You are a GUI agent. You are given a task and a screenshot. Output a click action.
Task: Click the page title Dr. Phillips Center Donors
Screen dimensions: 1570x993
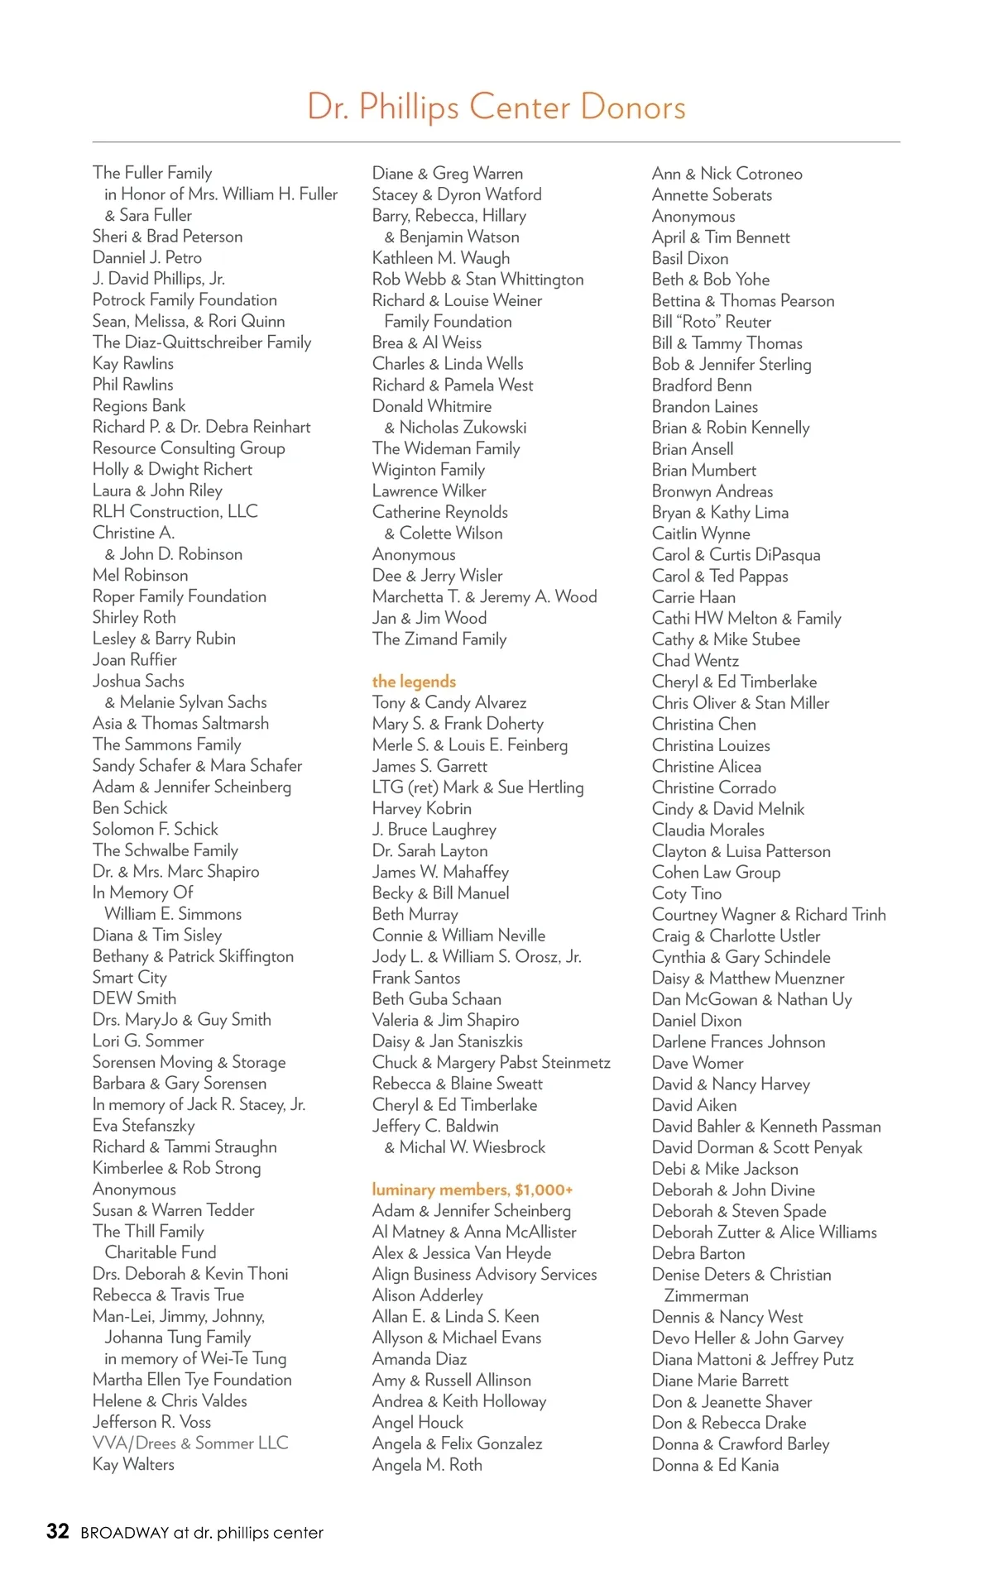point(496,108)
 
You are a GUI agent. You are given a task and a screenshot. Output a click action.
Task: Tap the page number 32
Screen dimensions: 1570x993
point(57,1531)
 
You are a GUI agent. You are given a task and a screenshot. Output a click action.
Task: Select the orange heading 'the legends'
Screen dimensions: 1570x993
point(414,682)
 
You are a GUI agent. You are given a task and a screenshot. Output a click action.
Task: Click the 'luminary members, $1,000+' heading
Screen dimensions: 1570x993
point(472,1189)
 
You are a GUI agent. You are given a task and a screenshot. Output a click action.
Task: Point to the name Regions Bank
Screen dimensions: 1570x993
point(139,405)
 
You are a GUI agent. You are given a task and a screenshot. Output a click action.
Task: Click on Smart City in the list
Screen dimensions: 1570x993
point(129,977)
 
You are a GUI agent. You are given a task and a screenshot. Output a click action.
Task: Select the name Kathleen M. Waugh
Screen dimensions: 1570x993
point(440,258)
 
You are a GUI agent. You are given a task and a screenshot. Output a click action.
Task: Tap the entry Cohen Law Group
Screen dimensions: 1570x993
point(716,872)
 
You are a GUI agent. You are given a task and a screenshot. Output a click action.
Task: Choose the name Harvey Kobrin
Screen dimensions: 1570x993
point(421,808)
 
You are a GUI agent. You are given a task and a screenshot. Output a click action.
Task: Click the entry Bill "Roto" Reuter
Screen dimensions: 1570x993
point(711,322)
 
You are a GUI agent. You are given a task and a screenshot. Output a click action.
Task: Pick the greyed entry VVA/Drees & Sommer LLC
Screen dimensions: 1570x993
point(190,1443)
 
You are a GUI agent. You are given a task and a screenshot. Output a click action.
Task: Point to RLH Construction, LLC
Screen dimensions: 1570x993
point(175,511)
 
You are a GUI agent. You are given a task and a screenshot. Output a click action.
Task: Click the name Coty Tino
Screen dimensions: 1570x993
point(686,893)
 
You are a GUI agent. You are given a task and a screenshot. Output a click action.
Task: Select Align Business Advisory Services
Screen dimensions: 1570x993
point(484,1274)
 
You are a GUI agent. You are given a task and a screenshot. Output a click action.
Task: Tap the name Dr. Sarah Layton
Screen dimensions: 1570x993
point(429,850)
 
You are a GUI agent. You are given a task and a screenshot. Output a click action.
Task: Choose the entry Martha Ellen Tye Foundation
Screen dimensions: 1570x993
point(192,1379)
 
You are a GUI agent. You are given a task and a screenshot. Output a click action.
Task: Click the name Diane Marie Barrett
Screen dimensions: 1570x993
point(720,1380)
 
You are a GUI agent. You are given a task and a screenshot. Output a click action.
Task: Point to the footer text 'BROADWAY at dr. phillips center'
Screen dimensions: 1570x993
point(202,1533)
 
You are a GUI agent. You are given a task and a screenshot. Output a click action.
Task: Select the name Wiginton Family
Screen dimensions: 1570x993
point(428,469)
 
